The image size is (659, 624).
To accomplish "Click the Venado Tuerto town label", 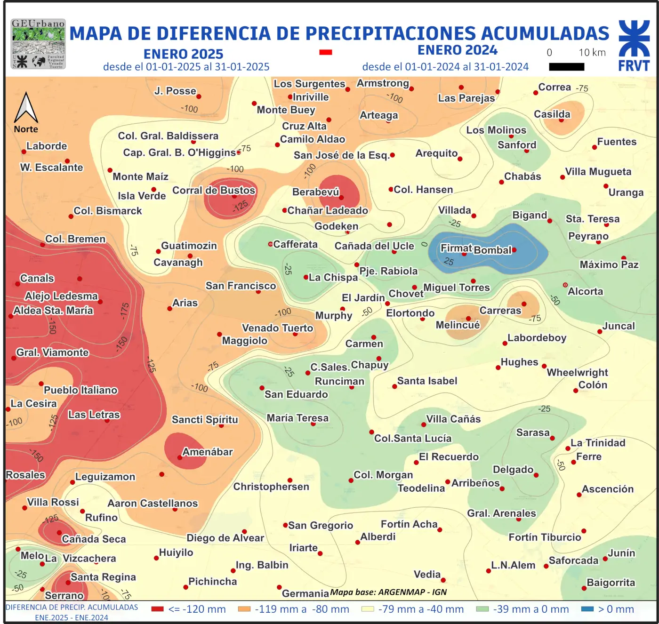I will point(277,328).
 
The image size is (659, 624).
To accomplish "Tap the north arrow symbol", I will point(26,108).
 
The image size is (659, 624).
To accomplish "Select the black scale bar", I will point(566,67).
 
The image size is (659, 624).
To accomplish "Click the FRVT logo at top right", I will point(634,46).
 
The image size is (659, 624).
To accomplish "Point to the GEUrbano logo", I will point(38,44).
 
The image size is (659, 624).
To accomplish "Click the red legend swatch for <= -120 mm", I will point(157,609).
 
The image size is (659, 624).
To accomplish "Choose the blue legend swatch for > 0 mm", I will point(587,609).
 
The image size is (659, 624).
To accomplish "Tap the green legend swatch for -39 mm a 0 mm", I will point(482,609).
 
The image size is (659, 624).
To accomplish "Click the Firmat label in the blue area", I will point(456,248).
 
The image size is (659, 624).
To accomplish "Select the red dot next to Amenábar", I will point(179,457).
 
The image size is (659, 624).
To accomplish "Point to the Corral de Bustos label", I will point(214,191).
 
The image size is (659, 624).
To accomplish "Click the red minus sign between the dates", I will point(326,52).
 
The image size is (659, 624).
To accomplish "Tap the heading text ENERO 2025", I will point(183,54).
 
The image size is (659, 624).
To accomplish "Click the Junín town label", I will point(621,553).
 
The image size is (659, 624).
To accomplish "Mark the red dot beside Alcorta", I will point(565,285).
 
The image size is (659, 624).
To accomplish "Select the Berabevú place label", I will point(315,192).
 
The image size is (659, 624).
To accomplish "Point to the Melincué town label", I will point(458,325).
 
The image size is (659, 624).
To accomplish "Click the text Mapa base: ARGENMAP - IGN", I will point(388,592).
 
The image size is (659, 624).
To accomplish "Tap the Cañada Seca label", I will point(94,539).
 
